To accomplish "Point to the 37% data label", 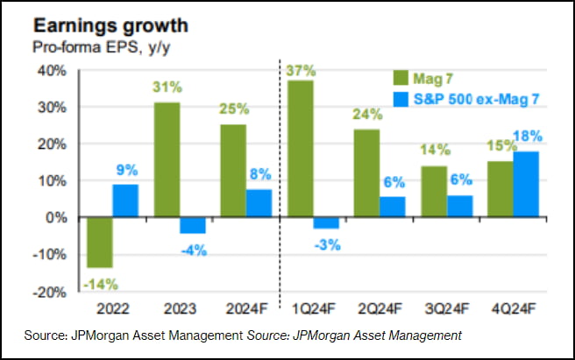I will [301, 68].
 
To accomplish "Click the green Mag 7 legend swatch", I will [403, 78].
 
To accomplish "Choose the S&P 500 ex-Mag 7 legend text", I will [479, 97].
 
